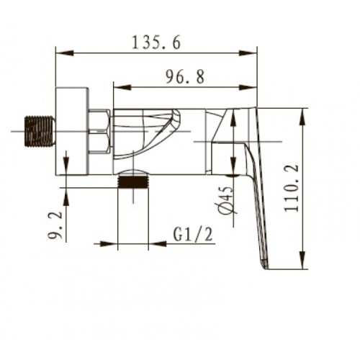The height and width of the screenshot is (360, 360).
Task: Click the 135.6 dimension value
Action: pos(156,43)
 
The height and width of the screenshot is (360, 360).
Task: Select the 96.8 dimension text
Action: pos(185,77)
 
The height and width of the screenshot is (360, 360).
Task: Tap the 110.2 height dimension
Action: pos(292,188)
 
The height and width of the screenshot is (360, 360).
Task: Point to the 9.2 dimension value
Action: pos(55,225)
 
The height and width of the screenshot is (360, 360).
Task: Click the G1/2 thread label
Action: pos(193,235)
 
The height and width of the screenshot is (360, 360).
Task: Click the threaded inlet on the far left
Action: pos(40,131)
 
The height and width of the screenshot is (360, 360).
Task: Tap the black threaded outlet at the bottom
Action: pos(133,181)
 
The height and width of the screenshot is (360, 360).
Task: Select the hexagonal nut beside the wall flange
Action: pos(100,131)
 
